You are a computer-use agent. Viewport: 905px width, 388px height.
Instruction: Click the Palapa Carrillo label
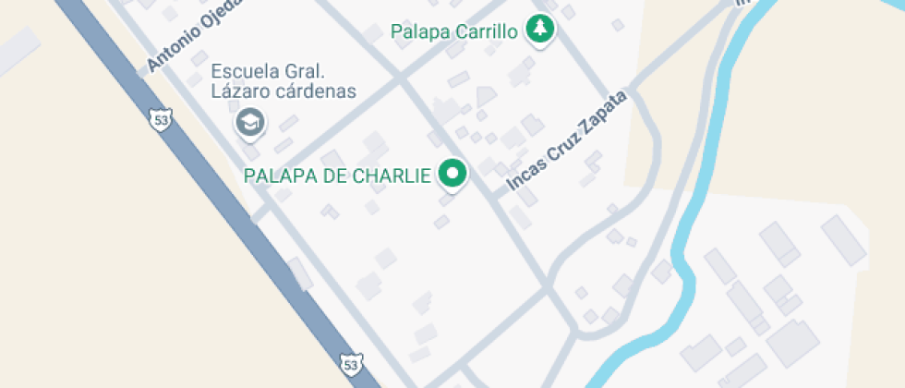tap(453, 32)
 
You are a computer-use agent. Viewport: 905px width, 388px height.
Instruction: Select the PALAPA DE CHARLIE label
tap(337, 176)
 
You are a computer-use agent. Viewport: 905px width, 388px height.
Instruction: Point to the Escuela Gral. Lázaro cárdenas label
tap(284, 81)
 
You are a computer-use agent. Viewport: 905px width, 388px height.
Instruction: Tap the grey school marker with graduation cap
tap(249, 122)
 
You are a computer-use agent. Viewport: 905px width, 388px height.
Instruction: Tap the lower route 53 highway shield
tap(349, 365)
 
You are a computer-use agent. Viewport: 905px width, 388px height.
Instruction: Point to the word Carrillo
tap(487, 32)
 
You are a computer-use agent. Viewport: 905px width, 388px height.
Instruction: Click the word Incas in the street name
tap(523, 178)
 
